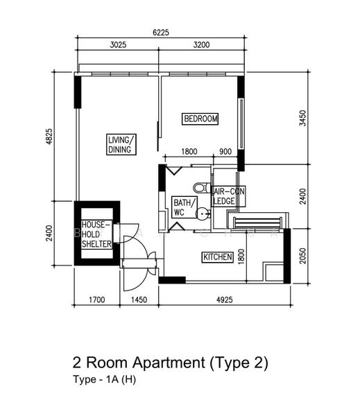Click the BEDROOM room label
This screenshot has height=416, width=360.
[x=200, y=119]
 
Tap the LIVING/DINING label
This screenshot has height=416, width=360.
[x=120, y=144]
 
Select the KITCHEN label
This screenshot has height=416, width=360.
[x=216, y=257]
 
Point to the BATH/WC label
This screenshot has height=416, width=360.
[x=179, y=208]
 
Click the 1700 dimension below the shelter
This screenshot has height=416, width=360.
[x=98, y=302]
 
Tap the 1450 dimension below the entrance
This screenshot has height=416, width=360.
[x=141, y=302]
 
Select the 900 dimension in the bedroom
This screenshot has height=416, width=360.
[x=225, y=152]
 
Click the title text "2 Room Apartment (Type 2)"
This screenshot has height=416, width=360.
[x=170, y=363]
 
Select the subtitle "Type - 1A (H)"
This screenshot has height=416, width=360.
[x=104, y=380]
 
